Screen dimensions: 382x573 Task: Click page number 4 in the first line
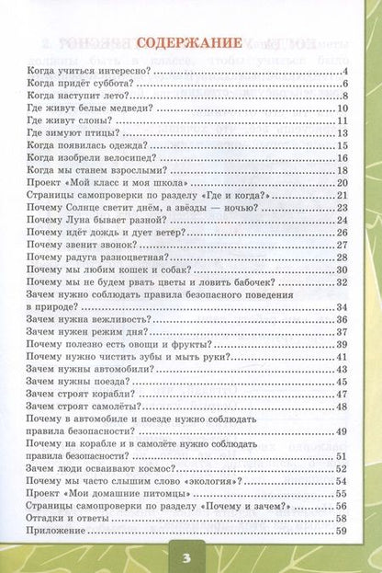pos(342,71)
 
